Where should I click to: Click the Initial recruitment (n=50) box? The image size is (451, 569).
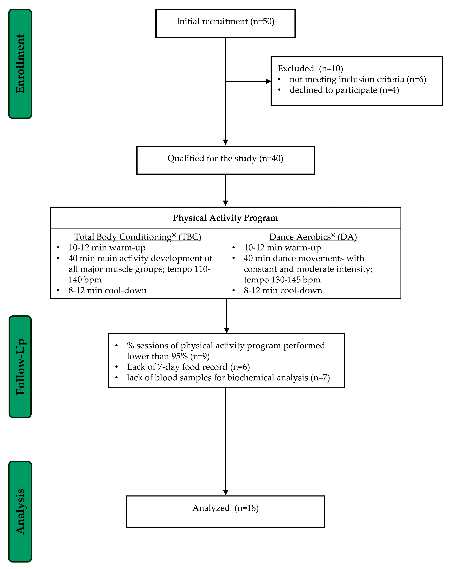click(x=225, y=23)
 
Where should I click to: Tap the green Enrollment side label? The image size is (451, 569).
click(x=20, y=64)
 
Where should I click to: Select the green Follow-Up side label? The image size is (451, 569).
click(x=20, y=367)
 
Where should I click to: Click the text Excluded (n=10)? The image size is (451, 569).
click(x=310, y=68)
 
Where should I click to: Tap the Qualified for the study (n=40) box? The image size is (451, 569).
click(x=225, y=160)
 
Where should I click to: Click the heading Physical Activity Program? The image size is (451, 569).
click(x=225, y=218)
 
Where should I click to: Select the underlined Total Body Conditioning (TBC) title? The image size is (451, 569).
click(x=138, y=237)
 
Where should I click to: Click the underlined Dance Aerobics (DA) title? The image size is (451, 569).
click(x=313, y=237)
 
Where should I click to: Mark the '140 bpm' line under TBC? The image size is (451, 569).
click(x=85, y=280)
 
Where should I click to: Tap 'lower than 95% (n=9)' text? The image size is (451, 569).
click(x=168, y=356)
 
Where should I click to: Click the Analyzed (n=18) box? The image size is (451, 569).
click(x=225, y=511)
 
